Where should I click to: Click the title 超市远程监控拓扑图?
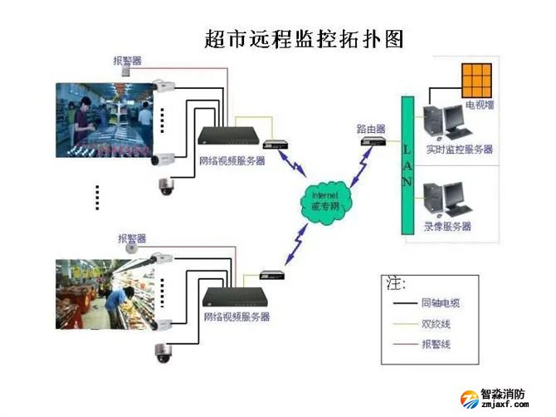(x=303, y=39)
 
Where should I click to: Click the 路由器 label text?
(x=371, y=129)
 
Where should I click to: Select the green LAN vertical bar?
(x=407, y=165)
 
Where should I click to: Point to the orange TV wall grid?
(x=476, y=81)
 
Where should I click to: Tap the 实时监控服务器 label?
(x=459, y=150)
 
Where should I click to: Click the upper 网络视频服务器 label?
(x=232, y=160)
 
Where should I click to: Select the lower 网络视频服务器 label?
(x=237, y=317)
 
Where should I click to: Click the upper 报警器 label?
(x=127, y=61)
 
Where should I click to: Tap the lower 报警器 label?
(x=131, y=238)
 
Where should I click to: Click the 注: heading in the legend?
(x=396, y=283)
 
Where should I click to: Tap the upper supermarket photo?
(x=104, y=121)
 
